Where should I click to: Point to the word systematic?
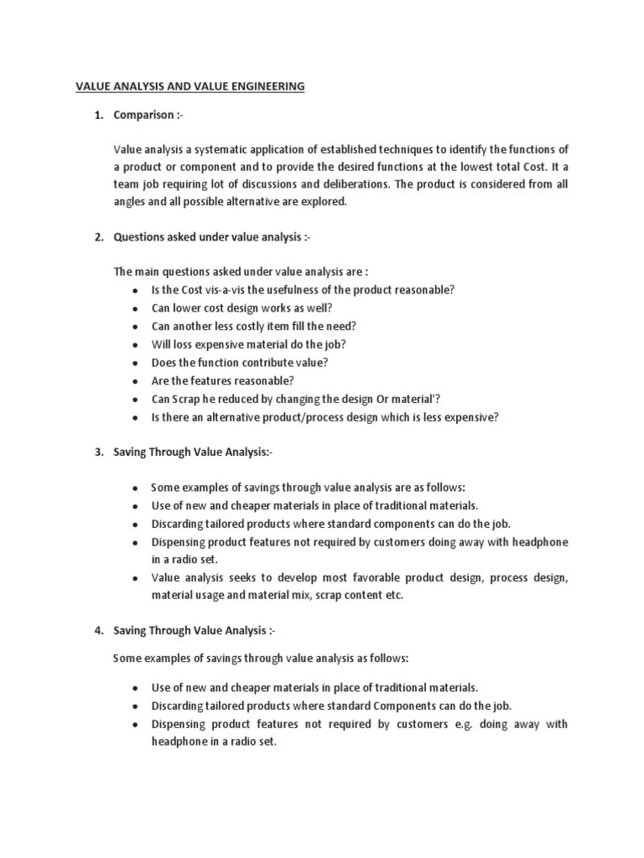[x=215, y=149]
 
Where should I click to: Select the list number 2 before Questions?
[x=98, y=238]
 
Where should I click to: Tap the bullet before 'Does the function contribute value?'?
[x=135, y=363]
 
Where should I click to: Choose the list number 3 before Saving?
[x=98, y=452]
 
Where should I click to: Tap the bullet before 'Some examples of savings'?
[x=135, y=488]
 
